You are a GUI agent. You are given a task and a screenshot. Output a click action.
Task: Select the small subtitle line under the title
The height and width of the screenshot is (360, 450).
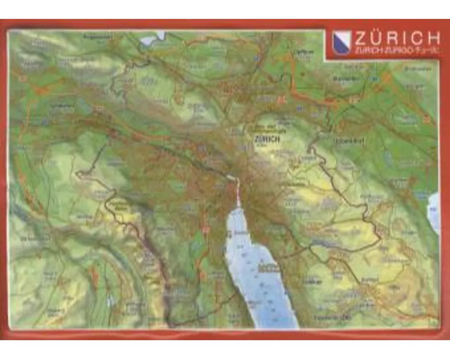[396, 51]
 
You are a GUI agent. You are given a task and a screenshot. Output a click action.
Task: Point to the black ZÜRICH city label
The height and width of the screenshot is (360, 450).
[267, 139]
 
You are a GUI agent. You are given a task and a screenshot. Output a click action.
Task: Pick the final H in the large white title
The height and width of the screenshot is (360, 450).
[432, 37]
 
